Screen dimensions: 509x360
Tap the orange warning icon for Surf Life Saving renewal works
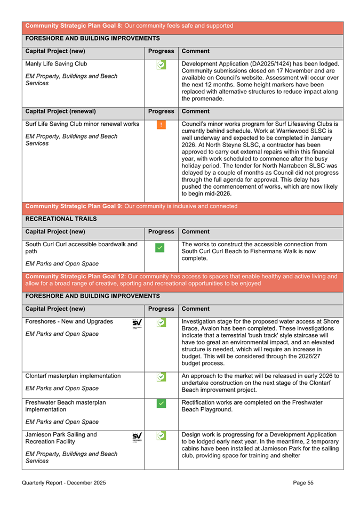point(161,126)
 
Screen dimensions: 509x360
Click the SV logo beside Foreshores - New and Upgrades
point(137,324)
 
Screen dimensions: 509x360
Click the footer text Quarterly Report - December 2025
point(64,483)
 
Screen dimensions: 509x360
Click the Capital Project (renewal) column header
point(61,112)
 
